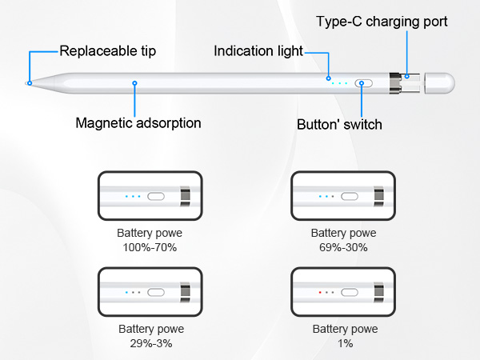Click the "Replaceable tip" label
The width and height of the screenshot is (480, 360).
[x=108, y=51]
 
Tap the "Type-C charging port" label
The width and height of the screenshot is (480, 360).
[x=382, y=22]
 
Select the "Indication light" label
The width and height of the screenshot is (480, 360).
[x=258, y=51]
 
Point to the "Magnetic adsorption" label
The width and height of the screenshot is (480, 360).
[x=138, y=123]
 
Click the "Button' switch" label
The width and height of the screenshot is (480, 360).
[x=339, y=125]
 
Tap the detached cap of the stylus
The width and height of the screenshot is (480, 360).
[x=439, y=83]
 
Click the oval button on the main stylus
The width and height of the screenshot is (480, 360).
[x=364, y=83]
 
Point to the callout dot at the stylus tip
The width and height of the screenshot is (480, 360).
[x=30, y=83]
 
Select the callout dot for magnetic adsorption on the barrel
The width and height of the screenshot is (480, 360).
[x=134, y=83]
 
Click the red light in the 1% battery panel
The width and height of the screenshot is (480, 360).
[x=320, y=292]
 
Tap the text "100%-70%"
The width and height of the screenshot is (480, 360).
[x=150, y=247]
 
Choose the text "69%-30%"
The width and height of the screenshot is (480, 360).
[x=343, y=247]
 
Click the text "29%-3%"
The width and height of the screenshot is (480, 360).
[x=151, y=343]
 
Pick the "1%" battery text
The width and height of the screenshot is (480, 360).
[x=346, y=343]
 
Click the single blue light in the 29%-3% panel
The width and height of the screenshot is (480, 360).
[x=126, y=292]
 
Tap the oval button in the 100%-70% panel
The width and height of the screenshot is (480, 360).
[x=156, y=196]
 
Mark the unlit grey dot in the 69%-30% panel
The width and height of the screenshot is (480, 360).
[x=333, y=196]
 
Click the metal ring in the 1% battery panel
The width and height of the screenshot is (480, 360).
[x=379, y=292]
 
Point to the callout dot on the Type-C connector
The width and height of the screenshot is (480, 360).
[x=407, y=76]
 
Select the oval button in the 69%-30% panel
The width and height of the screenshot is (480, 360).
[x=350, y=196]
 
